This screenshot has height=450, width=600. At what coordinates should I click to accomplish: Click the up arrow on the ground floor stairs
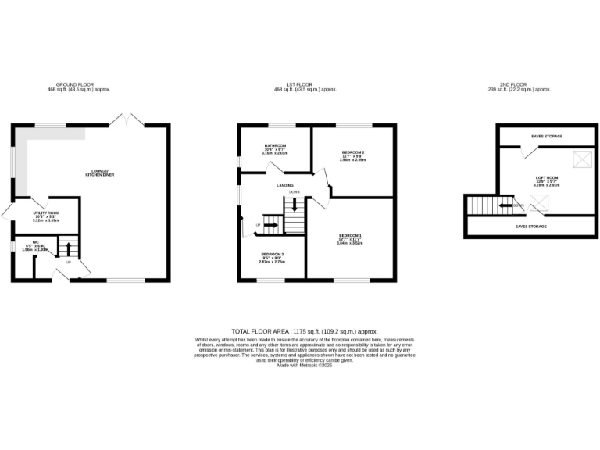(67, 249)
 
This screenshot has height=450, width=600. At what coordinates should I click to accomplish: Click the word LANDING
(285, 185)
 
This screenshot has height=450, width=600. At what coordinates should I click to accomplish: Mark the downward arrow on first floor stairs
(294, 204)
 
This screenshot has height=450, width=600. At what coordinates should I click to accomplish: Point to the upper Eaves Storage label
(546, 137)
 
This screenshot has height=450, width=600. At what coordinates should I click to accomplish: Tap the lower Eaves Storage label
(530, 227)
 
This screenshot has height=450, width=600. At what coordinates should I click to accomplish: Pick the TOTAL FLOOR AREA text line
(300, 332)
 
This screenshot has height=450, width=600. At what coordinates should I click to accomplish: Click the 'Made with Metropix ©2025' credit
(300, 365)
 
